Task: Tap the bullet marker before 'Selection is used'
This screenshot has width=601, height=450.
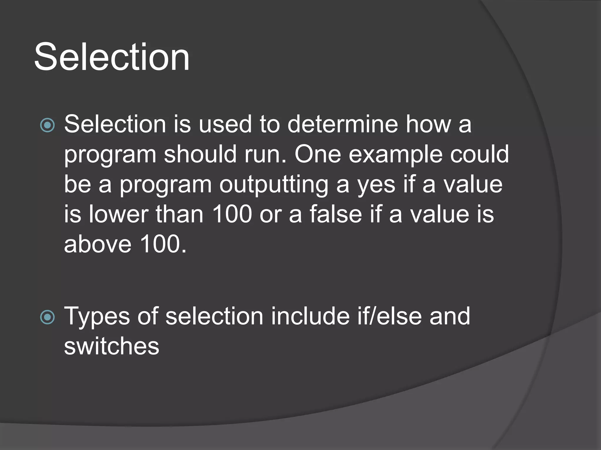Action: coord(47,125)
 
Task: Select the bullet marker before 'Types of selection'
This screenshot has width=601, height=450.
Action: coord(47,317)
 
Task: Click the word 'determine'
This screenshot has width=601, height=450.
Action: coord(342,124)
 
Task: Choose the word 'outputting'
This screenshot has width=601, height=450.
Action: coord(274,185)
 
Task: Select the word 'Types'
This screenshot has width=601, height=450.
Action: coord(97,317)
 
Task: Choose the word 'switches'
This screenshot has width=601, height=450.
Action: coord(112,346)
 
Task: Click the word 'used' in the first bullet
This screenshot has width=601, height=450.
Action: coord(225,124)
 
